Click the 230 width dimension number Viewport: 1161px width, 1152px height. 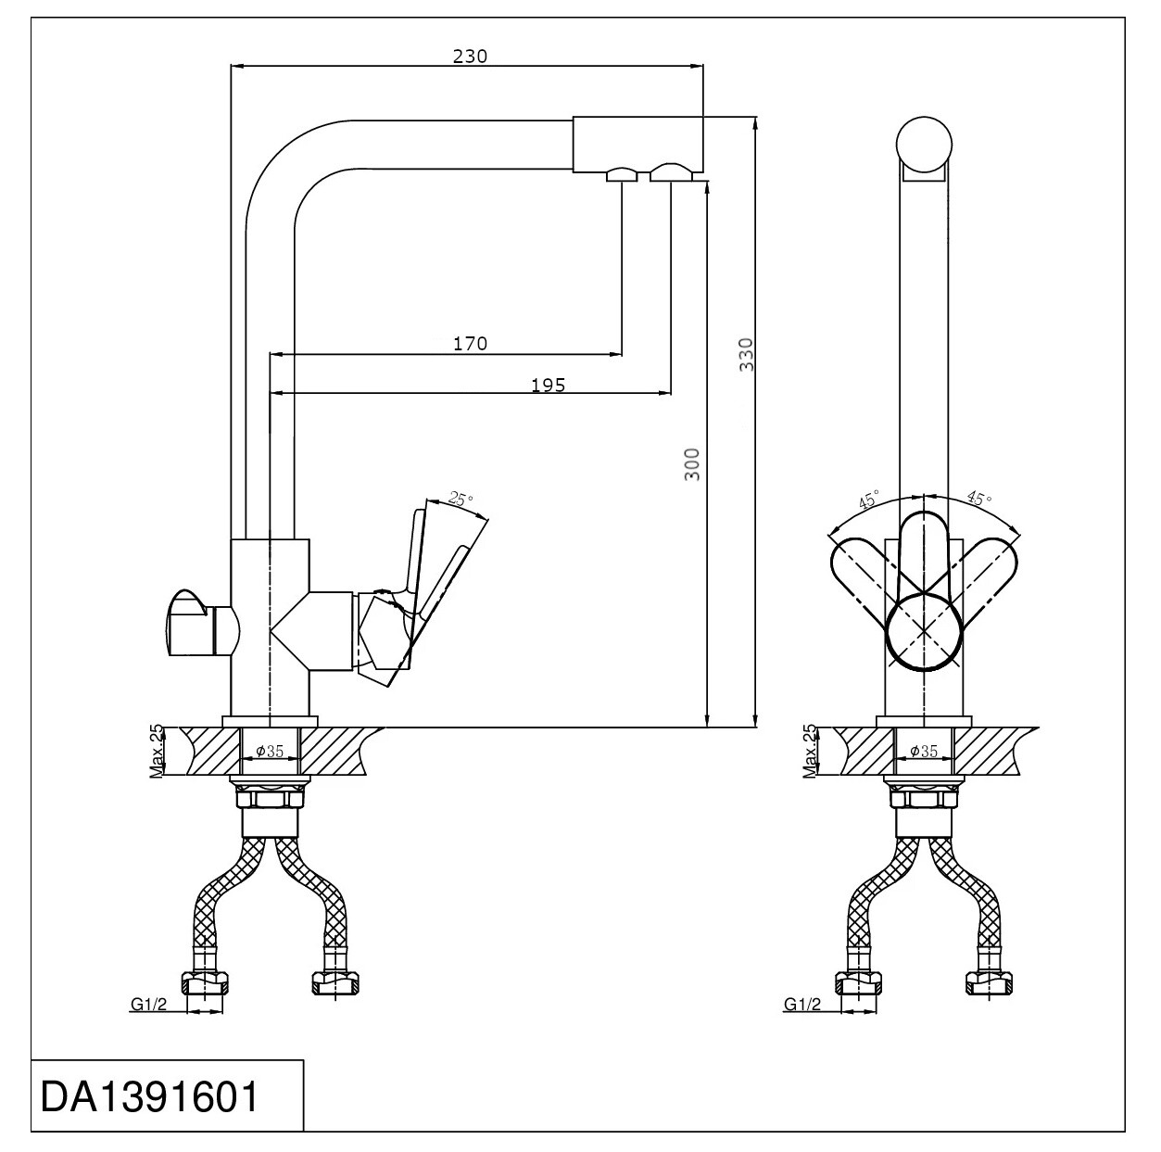(x=470, y=56)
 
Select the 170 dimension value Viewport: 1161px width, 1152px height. (x=470, y=344)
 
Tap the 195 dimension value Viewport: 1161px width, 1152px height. (x=549, y=385)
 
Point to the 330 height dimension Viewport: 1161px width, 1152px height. (x=747, y=354)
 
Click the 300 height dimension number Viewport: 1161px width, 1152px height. (x=693, y=464)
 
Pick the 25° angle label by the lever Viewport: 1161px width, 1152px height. (x=461, y=499)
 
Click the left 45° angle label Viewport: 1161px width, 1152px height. (x=869, y=500)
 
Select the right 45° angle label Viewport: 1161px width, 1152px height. (x=979, y=498)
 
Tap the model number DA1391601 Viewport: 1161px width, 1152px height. (x=149, y=1096)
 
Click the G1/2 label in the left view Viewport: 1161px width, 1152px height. (x=149, y=1005)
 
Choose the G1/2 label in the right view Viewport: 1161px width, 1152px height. (x=802, y=1005)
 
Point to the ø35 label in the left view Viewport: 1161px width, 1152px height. (x=270, y=751)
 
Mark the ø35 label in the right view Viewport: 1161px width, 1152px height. (x=924, y=751)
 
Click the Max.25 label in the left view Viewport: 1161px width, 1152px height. (x=157, y=751)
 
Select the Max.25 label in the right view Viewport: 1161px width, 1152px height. (x=811, y=751)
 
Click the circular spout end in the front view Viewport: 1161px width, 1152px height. (x=924, y=146)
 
